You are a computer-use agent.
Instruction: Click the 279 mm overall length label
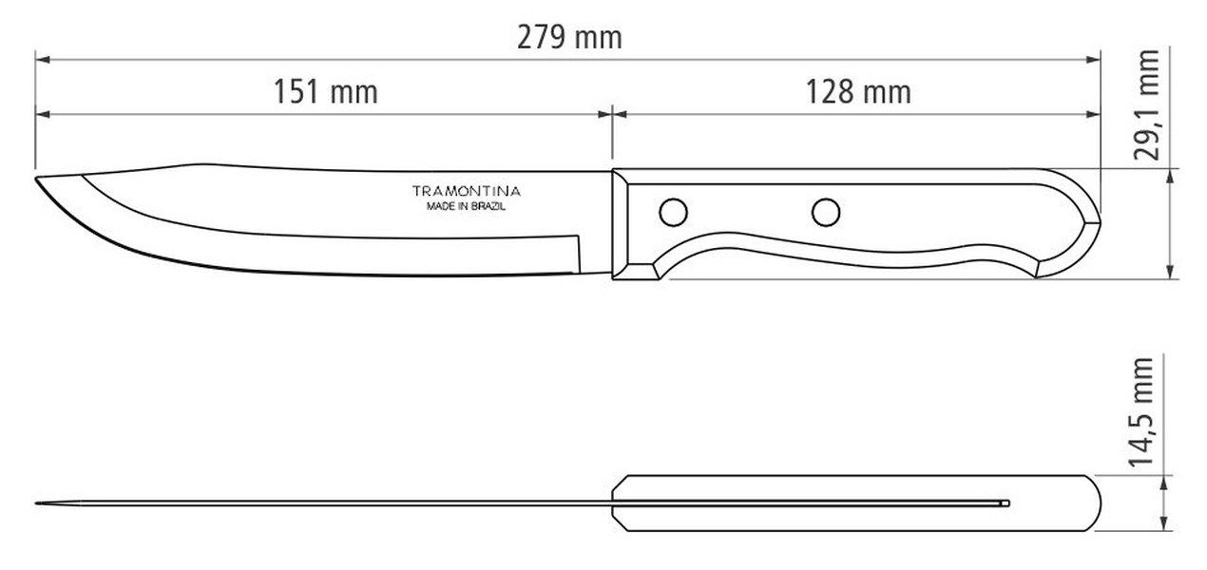569,38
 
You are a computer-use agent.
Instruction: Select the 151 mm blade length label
325,91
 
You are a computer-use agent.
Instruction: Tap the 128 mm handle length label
858,91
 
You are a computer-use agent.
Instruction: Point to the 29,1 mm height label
1145,105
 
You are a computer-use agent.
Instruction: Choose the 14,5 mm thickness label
1140,411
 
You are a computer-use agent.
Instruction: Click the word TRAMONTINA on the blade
467,191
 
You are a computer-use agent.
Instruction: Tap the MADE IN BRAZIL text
466,206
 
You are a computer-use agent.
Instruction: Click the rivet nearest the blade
673,212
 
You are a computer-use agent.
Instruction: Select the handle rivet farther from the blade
826,212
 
